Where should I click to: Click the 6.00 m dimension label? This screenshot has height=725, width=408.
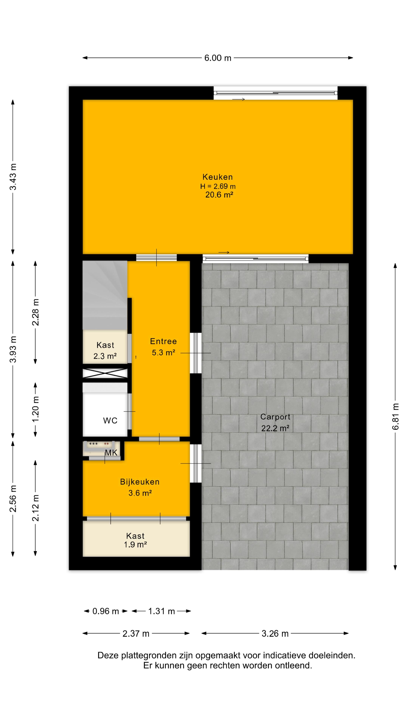(x=218, y=58)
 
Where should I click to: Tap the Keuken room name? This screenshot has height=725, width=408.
(x=218, y=177)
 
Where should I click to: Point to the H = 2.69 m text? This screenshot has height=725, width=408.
(x=218, y=186)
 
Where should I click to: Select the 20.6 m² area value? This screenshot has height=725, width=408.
(x=219, y=195)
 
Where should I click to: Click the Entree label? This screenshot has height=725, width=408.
(x=163, y=341)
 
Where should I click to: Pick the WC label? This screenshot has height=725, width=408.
(x=110, y=420)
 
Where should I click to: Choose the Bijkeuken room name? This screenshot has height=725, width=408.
(x=140, y=482)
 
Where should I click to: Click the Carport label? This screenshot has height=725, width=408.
(x=275, y=417)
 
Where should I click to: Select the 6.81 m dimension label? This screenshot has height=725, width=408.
(x=395, y=416)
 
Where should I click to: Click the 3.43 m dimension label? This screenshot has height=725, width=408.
(x=13, y=177)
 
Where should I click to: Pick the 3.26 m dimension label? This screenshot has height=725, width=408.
(x=275, y=634)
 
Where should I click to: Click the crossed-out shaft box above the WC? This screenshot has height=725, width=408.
(x=105, y=373)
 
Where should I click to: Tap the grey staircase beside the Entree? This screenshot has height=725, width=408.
(x=105, y=295)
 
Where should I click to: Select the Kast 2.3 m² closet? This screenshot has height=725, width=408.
(x=105, y=347)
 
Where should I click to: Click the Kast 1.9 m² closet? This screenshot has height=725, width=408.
(x=136, y=538)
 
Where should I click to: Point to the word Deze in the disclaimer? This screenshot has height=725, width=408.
(x=108, y=656)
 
